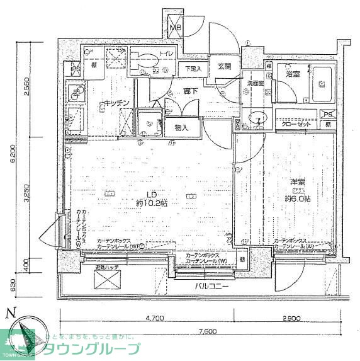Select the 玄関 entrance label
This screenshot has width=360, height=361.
point(224,66)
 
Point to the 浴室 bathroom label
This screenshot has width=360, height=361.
point(293,74)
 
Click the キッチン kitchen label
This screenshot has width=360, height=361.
point(116,103)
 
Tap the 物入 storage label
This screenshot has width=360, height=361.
point(181,127)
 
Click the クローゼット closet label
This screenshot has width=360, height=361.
point(296,125)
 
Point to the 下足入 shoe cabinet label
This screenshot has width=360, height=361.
point(193,68)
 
